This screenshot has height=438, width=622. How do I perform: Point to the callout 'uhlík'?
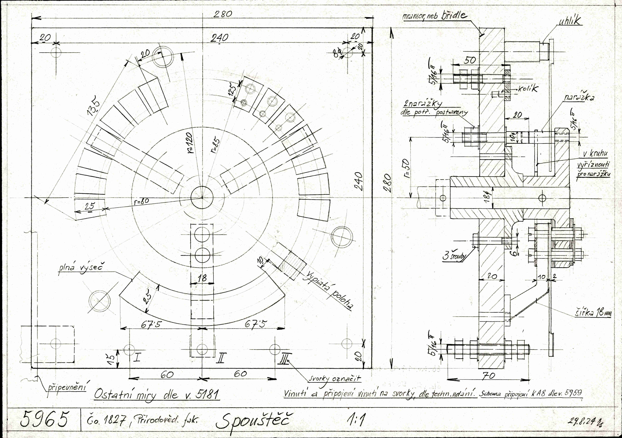tap(569, 21)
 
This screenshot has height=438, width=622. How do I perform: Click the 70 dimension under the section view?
tap(489, 376)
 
